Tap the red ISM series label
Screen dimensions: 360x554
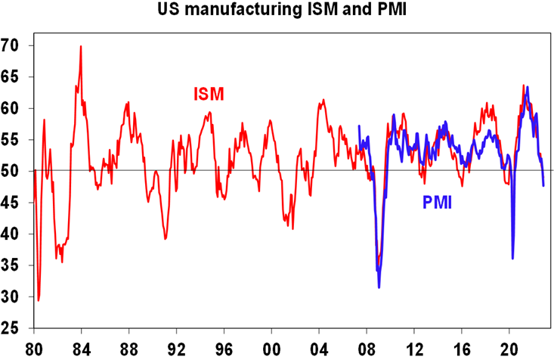[208, 95]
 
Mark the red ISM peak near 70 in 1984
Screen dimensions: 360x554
[81, 47]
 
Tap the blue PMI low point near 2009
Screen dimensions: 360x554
[379, 287]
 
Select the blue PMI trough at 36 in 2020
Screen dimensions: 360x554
[513, 259]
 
